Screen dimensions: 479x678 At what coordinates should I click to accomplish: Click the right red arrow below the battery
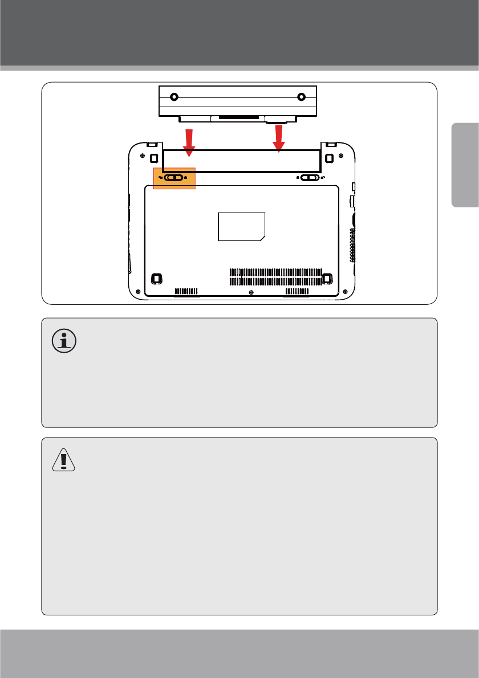pyautogui.click(x=278, y=138)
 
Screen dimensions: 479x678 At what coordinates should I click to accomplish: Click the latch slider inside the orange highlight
pyautogui.click(x=174, y=177)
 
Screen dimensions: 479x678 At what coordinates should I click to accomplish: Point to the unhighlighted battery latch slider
pyautogui.click(x=308, y=177)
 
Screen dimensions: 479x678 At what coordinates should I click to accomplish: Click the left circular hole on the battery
pyautogui.click(x=174, y=97)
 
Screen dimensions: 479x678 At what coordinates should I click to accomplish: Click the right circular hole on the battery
pyautogui.click(x=301, y=97)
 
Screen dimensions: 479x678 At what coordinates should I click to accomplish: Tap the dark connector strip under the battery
pyautogui.click(x=238, y=117)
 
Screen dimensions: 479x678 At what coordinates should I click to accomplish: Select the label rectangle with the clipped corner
pyautogui.click(x=242, y=227)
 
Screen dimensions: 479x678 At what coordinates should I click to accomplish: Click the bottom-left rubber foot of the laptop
pyautogui.click(x=156, y=279)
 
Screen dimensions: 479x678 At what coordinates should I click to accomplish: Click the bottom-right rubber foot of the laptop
pyautogui.click(x=327, y=279)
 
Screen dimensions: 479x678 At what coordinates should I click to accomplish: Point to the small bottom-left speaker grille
pyautogui.click(x=186, y=291)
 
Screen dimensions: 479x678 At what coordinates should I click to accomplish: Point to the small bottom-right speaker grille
pyautogui.click(x=297, y=291)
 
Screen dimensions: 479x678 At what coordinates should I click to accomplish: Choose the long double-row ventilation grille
pyautogui.click(x=275, y=276)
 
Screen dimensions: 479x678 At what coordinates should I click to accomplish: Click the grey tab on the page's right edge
pyautogui.click(x=465, y=165)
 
